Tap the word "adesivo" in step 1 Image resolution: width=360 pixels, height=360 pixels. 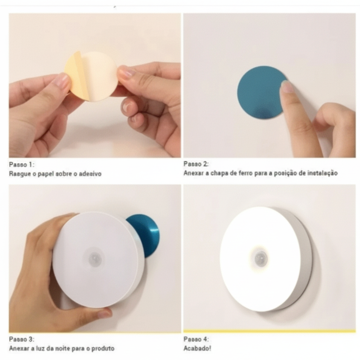91,174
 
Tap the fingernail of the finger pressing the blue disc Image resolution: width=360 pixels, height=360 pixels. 287,86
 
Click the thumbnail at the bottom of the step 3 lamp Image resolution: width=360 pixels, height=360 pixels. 105,313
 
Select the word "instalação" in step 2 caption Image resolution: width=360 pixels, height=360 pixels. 322,173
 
